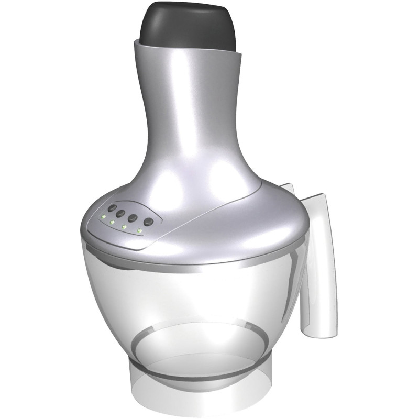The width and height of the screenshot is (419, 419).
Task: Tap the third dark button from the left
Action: click(x=133, y=216)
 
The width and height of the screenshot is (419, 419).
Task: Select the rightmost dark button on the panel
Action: click(x=149, y=222)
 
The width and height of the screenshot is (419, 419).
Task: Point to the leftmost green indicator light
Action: click(x=104, y=216)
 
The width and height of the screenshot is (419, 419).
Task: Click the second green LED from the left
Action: click(x=112, y=222)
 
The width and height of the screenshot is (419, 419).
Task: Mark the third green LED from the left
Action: click(x=124, y=227)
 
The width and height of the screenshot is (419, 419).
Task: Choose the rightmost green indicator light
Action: click(x=139, y=230)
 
